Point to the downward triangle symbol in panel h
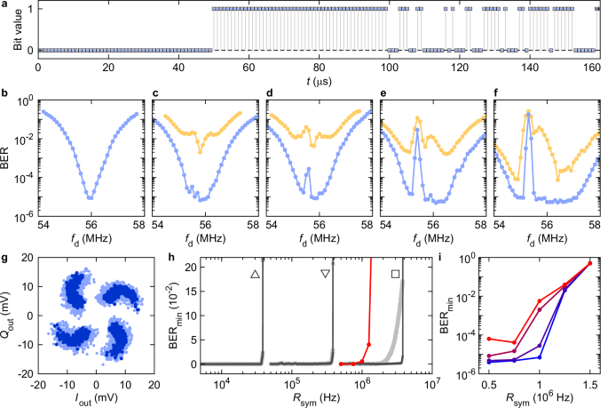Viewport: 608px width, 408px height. [x=326, y=275]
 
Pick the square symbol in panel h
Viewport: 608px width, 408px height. [x=395, y=275]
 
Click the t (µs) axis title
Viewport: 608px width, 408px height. [x=318, y=81]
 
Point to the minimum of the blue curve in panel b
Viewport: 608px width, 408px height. [x=91, y=196]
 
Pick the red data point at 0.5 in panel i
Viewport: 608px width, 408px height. [x=490, y=340]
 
